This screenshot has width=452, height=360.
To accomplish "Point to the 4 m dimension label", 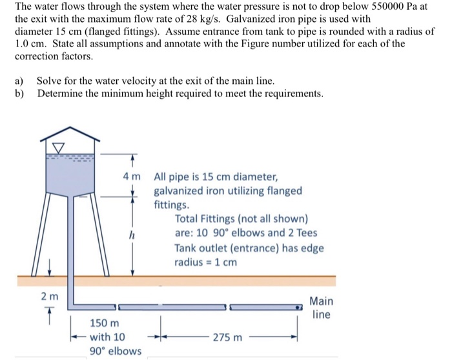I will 132,176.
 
